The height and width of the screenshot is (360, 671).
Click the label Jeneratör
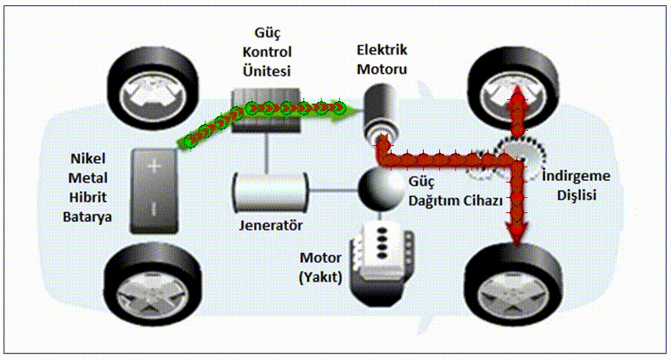[270, 225]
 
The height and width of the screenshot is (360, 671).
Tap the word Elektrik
[382, 50]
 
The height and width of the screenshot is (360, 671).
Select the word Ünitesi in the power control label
[267, 70]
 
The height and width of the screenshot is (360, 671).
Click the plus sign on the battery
[155, 166]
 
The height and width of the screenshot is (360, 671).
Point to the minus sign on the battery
[154, 208]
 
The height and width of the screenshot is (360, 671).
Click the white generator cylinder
[270, 193]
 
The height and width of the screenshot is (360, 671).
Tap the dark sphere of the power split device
[381, 188]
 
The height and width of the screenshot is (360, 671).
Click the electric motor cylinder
[380, 113]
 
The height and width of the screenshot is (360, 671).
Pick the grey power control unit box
[266, 110]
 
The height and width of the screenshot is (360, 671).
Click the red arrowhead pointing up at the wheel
[517, 95]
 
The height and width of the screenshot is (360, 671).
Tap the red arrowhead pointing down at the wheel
[517, 234]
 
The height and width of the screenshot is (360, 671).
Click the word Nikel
[87, 159]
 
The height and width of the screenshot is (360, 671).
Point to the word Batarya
[87, 217]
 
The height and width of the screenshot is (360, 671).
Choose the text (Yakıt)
[320, 278]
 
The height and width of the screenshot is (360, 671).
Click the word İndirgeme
[576, 176]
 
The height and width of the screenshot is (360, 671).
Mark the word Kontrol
[267, 52]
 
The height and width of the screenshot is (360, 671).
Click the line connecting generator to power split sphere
[333, 190]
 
